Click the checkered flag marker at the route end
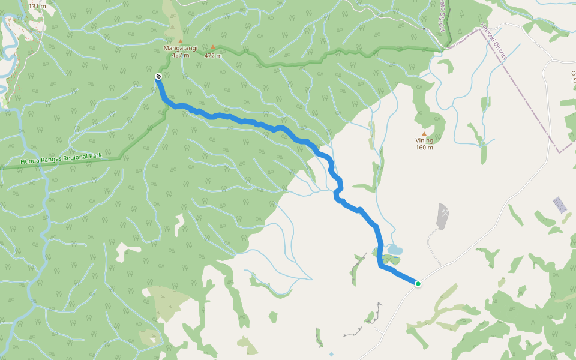coord(158,76)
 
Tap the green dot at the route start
coord(418,284)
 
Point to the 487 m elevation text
coord(180,55)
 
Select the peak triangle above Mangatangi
coord(180,41)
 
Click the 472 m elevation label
coord(212,56)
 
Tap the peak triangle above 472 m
coord(212,47)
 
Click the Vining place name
coord(424,140)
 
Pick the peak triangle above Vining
coord(424,133)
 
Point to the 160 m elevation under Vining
coord(424,148)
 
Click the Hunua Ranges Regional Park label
coord(61,158)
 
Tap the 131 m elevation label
coord(37,6)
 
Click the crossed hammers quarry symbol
coord(444,212)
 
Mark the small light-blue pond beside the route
coord(394,249)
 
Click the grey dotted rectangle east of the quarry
coord(560,205)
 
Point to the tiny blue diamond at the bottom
coord(331,354)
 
